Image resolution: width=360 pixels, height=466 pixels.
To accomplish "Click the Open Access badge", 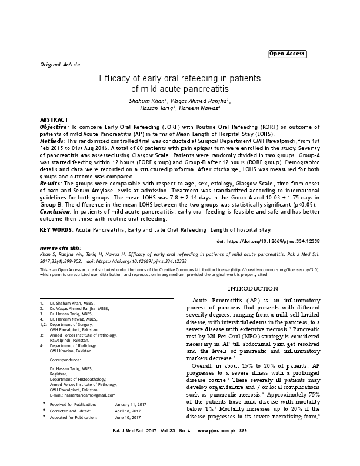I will coord(287,54).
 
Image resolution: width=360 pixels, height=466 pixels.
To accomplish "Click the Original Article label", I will coord(59,64).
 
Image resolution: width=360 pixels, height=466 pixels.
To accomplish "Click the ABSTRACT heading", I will coord(54,119).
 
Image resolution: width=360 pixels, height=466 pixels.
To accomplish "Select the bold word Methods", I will coord(53,142).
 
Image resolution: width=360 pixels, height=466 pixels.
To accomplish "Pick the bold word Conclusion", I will coord(56,211).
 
